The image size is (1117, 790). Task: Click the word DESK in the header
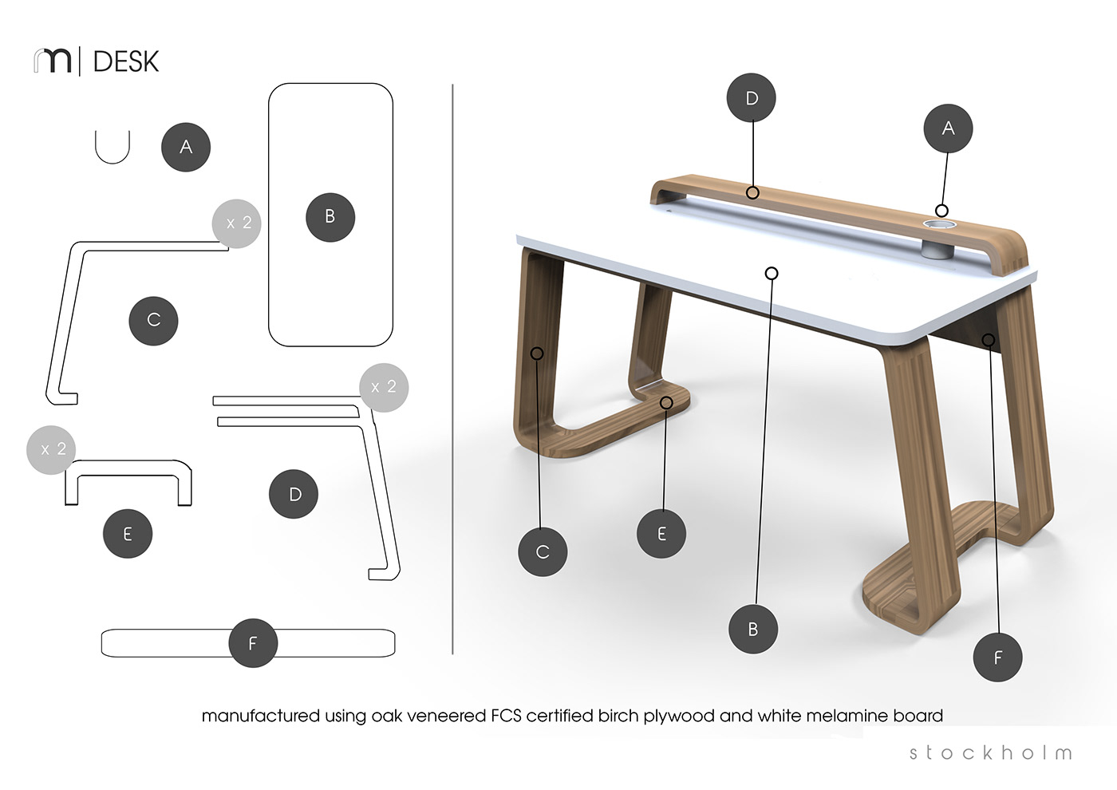click(x=126, y=61)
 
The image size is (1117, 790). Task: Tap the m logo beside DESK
click(x=53, y=61)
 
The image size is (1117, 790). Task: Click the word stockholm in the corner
click(x=990, y=752)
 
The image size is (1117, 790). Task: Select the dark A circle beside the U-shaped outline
click(x=185, y=147)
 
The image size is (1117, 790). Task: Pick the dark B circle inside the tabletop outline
click(x=330, y=217)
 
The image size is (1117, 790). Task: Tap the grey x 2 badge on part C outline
click(x=237, y=223)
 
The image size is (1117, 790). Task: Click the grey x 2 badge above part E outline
click(x=51, y=450)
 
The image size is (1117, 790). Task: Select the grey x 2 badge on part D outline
click(x=384, y=388)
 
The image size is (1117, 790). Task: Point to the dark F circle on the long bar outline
click(x=253, y=643)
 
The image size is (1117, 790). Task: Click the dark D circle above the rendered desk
click(x=751, y=97)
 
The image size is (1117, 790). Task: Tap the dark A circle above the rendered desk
click(x=948, y=128)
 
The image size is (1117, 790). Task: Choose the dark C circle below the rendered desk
click(x=543, y=552)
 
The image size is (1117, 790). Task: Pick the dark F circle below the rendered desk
click(x=997, y=658)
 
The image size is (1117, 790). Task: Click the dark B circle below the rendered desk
click(x=753, y=630)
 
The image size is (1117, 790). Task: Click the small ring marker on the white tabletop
click(x=772, y=273)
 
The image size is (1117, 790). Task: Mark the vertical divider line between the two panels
click(x=452, y=369)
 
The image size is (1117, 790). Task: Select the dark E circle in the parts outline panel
click(x=128, y=534)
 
